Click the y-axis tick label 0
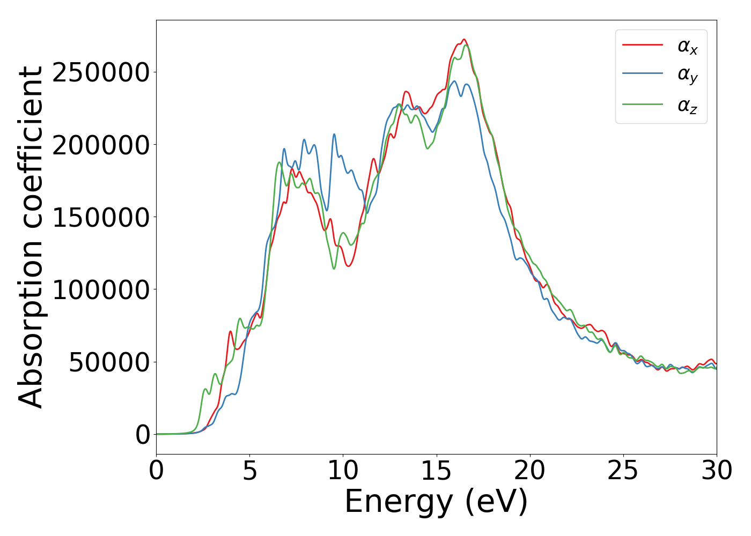(143, 435)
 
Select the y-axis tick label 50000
(109, 362)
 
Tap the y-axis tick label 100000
(100, 290)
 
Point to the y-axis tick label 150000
(100, 218)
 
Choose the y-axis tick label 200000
(100, 145)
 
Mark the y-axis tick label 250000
(100, 73)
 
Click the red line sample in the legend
(643, 46)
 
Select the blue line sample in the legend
(643, 75)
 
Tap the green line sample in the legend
(643, 104)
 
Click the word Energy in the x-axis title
(399, 502)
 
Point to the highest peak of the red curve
(464, 39)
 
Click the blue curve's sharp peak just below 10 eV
(334, 134)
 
